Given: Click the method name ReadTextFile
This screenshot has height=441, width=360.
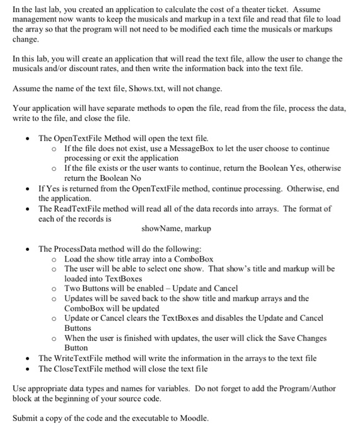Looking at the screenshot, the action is click(83, 208).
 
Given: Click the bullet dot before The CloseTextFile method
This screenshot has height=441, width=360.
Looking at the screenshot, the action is click(26, 368).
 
